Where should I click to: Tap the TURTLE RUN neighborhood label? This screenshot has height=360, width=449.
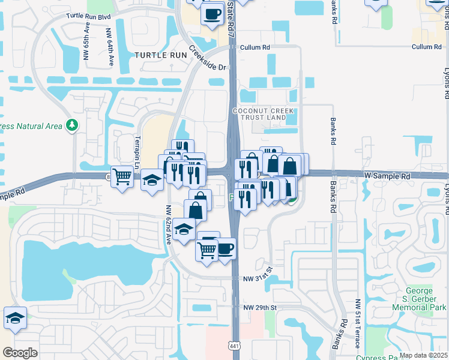pos(157,55)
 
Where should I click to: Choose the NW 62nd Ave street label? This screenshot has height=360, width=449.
pos(169,225)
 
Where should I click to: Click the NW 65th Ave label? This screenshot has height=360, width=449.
pos(88,44)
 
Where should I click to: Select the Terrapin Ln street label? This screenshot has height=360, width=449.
pos(137,152)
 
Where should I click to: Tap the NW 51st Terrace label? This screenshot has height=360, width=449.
pos(357,323)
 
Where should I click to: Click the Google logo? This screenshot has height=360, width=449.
pos(20,352)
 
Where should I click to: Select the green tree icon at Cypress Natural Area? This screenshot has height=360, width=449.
pos(73,125)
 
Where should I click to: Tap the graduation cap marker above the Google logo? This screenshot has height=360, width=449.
pos(15,318)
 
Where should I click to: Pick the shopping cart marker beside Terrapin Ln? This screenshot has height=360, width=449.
pos(122,177)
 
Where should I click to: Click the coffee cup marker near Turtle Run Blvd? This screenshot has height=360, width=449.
pos(211,13)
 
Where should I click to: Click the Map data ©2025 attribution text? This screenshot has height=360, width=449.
pos(423,355)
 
